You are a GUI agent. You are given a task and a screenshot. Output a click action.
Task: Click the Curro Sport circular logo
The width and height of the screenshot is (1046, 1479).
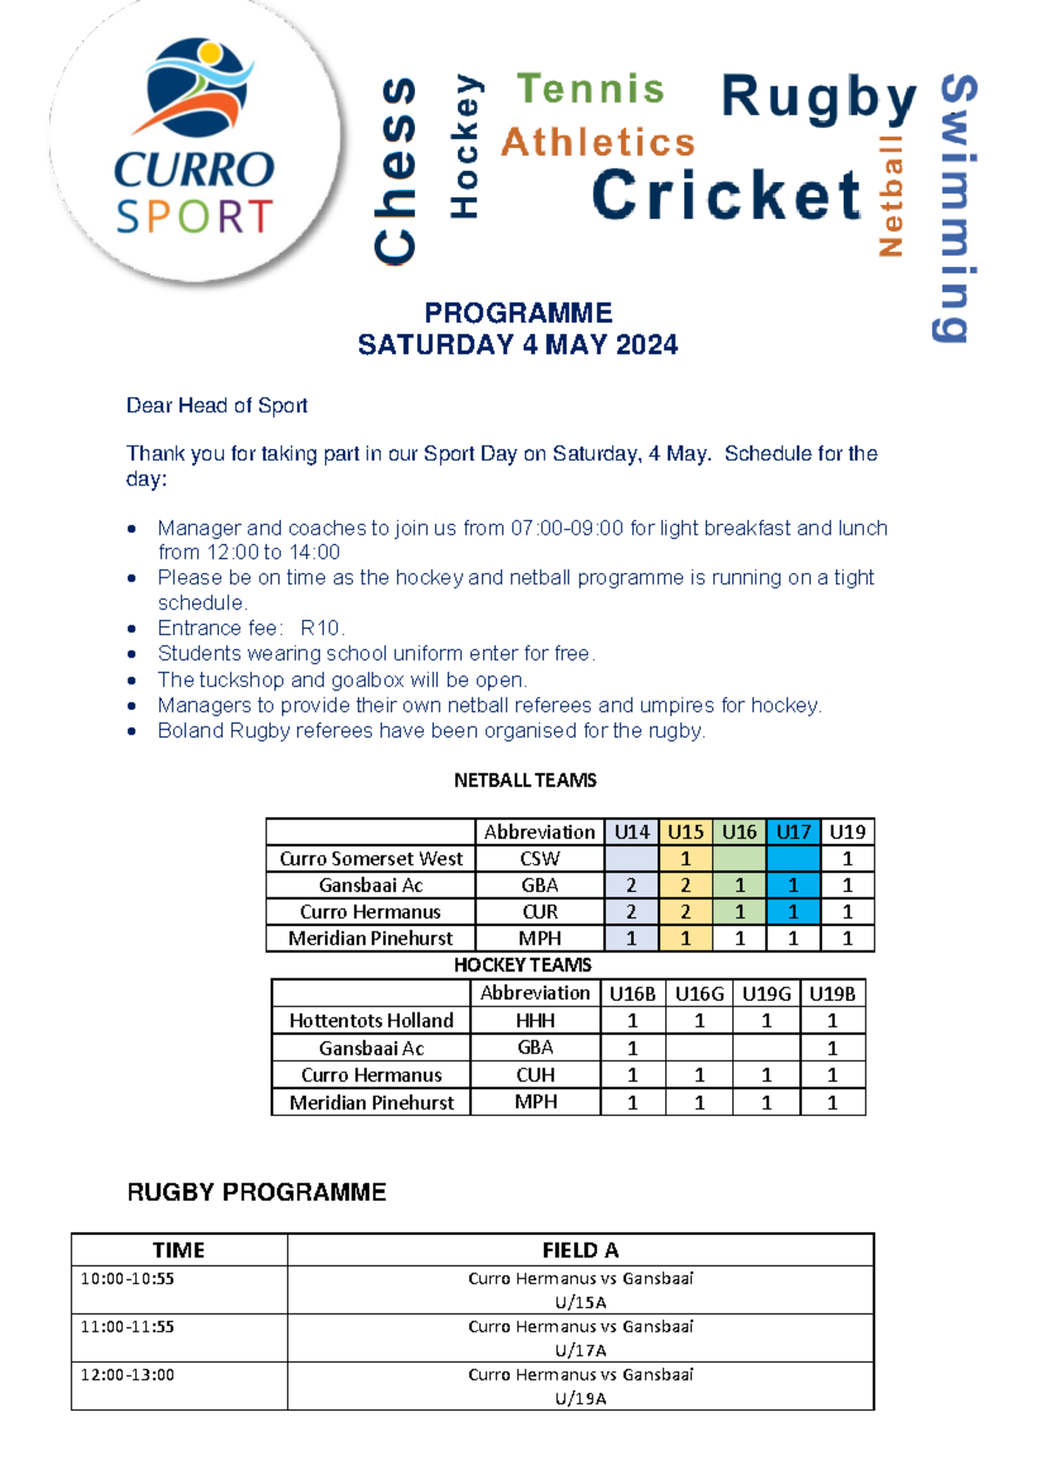pos(194,140)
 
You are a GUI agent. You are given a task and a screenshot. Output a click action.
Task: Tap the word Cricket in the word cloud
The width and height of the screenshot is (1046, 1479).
pos(726,194)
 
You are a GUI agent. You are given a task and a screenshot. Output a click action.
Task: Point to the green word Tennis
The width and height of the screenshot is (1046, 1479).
pos(590,89)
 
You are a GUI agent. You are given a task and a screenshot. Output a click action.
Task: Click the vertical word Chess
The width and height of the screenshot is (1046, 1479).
pos(397,170)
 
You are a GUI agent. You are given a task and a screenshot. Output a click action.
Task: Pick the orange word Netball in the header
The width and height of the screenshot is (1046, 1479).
pos(891,195)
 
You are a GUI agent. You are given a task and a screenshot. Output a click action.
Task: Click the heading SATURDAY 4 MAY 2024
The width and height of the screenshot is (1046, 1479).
pos(518,344)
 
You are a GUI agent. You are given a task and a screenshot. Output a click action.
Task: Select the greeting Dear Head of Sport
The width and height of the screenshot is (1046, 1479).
pos(216,406)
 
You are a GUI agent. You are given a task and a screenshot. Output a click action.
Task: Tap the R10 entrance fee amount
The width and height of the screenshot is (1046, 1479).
pos(322,628)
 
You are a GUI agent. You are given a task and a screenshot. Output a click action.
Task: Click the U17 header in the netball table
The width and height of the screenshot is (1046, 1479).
pos(792,832)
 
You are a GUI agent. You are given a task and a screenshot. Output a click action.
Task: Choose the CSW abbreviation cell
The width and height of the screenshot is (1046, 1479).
pos(540,859)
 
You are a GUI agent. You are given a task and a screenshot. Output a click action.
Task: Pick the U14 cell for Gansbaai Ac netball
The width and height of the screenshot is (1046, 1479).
pos(631,885)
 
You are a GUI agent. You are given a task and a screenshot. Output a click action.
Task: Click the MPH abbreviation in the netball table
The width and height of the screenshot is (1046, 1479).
pos(540,938)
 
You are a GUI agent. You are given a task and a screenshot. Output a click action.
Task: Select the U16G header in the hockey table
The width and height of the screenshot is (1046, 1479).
pos(699,993)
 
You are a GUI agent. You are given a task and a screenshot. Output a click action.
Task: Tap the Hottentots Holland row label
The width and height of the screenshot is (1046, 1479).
pos(371,1020)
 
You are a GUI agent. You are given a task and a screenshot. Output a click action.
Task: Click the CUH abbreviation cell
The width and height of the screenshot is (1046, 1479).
pos(535,1074)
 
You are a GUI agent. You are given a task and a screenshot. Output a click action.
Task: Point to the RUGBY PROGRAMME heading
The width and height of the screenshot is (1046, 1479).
pos(256,1192)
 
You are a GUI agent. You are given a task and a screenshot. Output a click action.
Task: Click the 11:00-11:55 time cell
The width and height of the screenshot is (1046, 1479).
pos(127,1326)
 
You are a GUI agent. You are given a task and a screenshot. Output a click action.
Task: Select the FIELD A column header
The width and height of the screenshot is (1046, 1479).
pos(580,1250)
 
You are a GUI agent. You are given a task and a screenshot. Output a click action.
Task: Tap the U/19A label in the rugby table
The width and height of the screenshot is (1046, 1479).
pos(580,1398)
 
